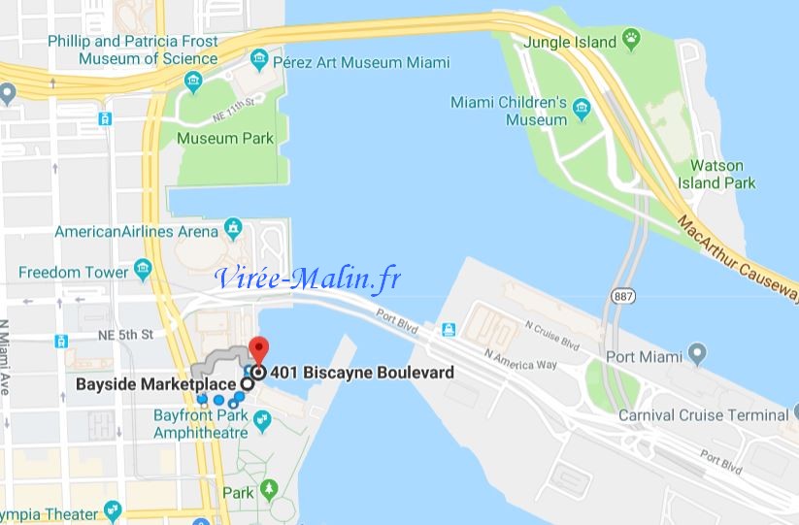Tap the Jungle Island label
click(x=570, y=42)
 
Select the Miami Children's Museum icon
click(x=583, y=107)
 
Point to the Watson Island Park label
click(x=722, y=174)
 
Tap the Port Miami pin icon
click(x=696, y=352)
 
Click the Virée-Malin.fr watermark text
click(x=308, y=279)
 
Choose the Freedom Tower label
click(x=73, y=272)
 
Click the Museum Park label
click(x=225, y=138)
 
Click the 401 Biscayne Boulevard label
click(x=362, y=372)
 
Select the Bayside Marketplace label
click(x=156, y=384)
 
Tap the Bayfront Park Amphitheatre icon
click(x=261, y=419)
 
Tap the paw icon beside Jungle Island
click(x=632, y=41)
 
